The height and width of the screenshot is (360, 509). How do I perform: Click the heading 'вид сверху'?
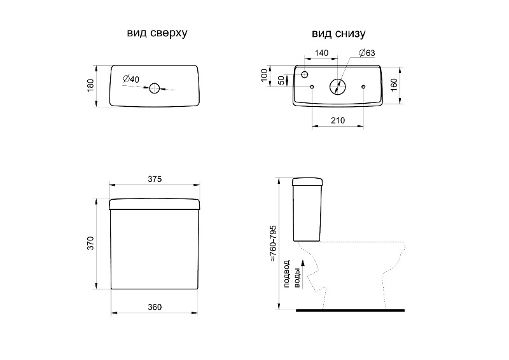point(157,33)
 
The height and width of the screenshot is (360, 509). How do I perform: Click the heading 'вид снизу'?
point(338,34)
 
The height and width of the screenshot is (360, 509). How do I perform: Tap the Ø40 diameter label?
point(131,79)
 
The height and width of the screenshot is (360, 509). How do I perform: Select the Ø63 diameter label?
point(367,53)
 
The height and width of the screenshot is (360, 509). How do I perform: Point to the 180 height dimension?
point(90,85)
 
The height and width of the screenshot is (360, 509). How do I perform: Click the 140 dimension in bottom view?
point(322,53)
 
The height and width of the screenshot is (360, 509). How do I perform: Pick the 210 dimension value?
point(338,120)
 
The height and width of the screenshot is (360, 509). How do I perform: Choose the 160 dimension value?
point(394,85)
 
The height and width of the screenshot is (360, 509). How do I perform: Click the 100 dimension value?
point(264,75)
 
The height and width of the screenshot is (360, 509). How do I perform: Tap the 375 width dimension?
point(155,179)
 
